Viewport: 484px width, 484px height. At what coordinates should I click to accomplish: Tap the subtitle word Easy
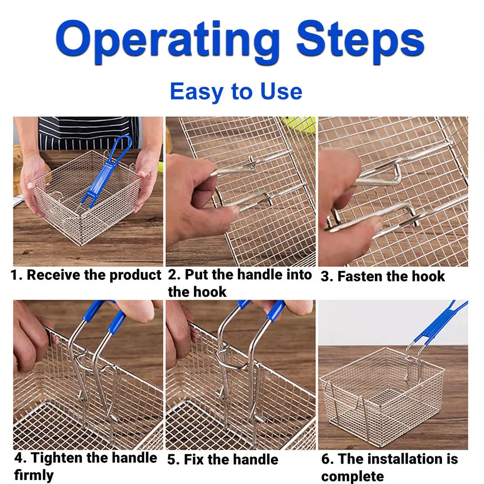(x=197, y=91)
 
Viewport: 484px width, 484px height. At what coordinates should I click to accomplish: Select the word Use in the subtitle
(x=281, y=91)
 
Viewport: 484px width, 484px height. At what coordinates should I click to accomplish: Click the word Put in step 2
(x=196, y=274)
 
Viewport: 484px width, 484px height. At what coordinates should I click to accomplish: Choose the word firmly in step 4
(x=34, y=475)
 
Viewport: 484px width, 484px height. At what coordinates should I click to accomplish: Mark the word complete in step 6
(x=352, y=476)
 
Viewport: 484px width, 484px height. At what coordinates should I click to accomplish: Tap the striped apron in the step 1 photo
(x=89, y=133)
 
